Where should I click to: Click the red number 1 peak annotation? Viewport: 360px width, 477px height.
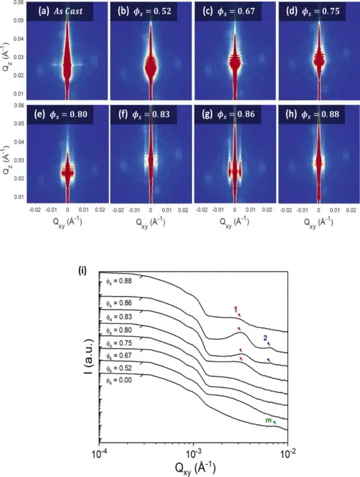[236, 308]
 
